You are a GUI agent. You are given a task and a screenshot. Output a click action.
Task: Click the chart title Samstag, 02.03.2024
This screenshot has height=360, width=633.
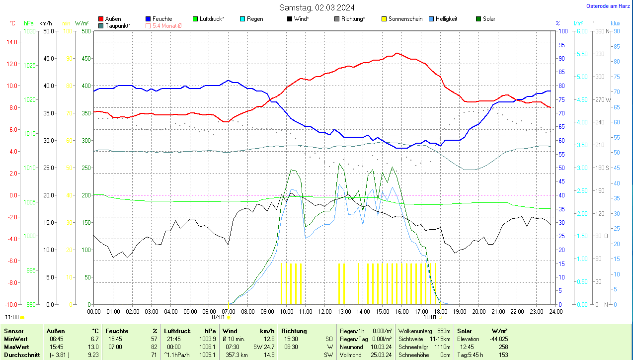(316, 7)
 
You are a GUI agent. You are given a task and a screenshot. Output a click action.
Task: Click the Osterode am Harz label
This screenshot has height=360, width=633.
(609, 6)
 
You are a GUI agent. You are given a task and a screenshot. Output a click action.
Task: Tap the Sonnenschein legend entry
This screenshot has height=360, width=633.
(402, 19)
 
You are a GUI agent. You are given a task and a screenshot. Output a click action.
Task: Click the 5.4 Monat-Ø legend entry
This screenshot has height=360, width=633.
(163, 25)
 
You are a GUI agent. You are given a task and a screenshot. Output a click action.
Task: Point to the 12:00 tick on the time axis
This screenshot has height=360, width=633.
(324, 311)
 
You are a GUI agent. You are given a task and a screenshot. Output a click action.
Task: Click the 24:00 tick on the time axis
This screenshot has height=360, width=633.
(555, 311)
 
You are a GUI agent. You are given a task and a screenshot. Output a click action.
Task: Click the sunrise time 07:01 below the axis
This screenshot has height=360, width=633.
(219, 317)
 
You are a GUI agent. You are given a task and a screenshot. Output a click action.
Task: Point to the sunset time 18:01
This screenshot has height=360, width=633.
(430, 317)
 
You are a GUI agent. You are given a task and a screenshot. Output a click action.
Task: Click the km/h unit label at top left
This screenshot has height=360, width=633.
(45, 23)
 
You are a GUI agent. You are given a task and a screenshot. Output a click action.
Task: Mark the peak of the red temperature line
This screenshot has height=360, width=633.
(396, 53)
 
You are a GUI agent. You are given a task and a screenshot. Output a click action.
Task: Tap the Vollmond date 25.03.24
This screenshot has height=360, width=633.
(381, 355)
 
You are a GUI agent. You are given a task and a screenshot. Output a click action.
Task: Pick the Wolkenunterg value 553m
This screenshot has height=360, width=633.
(444, 331)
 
